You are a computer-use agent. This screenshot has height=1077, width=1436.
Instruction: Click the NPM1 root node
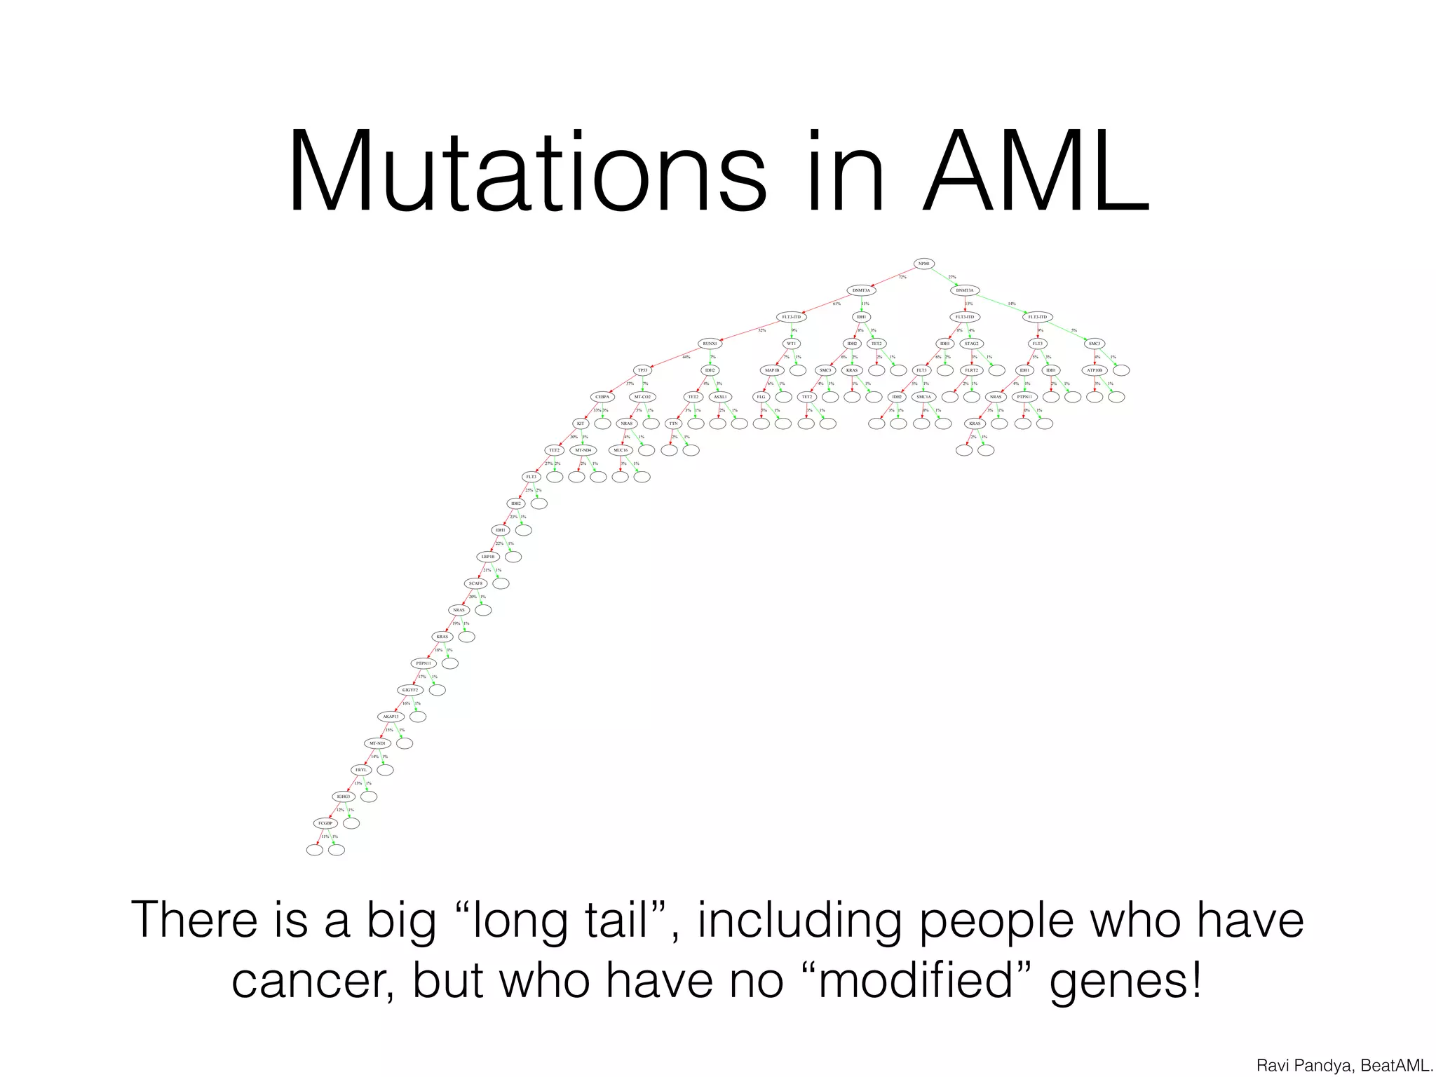923,264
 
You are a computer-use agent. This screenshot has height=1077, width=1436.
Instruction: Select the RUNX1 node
710,344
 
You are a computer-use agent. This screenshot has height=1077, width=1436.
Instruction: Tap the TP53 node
642,370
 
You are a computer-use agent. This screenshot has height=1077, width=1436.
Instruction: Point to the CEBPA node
602,397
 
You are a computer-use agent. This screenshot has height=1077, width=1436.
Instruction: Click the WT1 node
791,344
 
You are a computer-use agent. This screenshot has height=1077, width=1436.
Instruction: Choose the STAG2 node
971,344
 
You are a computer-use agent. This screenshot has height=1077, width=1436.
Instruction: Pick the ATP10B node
1095,370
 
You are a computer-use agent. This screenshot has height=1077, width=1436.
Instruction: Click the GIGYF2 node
409,690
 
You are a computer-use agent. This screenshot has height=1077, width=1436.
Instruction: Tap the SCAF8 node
475,583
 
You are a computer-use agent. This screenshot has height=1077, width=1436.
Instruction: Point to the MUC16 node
620,450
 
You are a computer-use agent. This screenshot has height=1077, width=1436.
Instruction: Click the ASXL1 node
719,397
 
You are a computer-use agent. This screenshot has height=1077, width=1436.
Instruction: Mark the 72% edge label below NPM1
902,277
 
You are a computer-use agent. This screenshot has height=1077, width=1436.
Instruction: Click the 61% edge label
836,304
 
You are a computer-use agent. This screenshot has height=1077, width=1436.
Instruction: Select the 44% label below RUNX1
686,357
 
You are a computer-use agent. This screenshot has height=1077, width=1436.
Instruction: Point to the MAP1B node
771,370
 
